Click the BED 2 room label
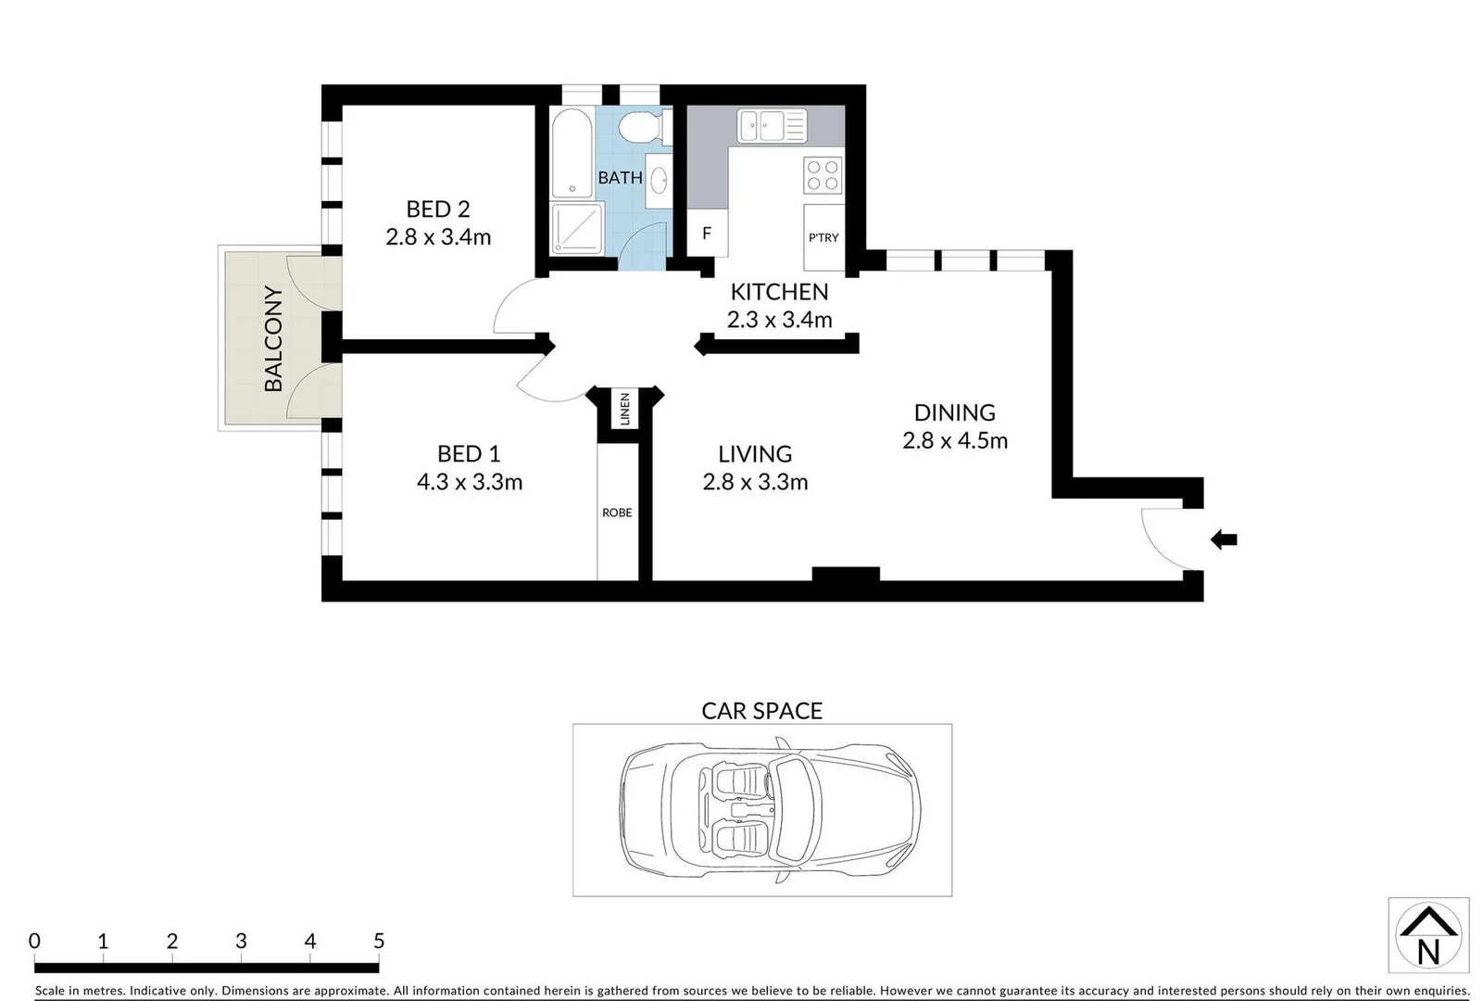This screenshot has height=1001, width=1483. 437,209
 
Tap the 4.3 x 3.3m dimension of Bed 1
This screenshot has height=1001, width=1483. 470,482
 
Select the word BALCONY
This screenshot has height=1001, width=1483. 273,339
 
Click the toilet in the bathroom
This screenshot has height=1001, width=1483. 640,126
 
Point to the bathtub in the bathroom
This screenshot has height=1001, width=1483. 571,154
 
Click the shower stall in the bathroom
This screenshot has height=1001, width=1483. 576,229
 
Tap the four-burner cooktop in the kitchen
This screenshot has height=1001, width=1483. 823,176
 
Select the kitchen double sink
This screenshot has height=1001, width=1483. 771,125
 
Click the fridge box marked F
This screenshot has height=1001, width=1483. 707,234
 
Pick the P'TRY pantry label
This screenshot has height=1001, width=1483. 823,238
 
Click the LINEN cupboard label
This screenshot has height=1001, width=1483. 625,410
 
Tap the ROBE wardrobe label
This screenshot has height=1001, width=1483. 617,513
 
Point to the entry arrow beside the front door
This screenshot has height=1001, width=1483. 1224,539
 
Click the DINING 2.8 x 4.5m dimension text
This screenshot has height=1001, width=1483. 955,441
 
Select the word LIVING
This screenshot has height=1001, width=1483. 755,454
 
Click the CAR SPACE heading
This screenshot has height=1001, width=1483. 761,711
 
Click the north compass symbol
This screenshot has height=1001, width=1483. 1428,934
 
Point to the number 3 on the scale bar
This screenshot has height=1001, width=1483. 241,942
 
